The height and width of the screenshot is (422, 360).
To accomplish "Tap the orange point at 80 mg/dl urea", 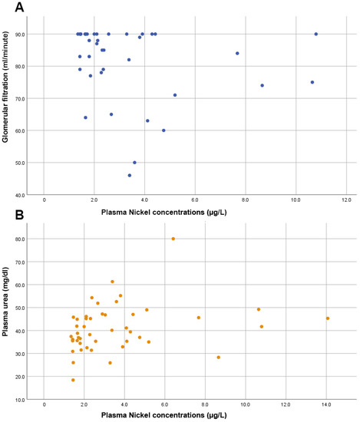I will point(173,239).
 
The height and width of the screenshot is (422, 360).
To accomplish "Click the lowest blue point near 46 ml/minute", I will point(130,175).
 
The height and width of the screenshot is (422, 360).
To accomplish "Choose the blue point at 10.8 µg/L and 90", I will point(315,34).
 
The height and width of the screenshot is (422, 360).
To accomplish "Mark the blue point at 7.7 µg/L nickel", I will point(237,53).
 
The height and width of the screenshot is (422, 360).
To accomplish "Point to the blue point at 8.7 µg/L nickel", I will point(262,85).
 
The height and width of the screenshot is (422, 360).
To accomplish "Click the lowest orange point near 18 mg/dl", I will point(73,380).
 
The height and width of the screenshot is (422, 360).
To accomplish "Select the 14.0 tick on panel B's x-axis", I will point(327,406).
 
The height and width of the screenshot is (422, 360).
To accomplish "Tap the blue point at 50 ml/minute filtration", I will point(134,163).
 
